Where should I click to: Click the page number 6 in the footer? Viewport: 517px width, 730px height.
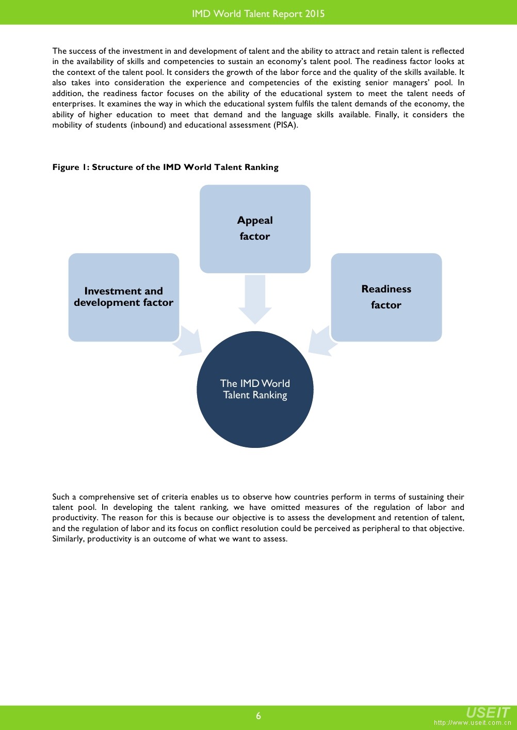pyautogui.click(x=258, y=716)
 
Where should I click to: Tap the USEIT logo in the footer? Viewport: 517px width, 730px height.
pyautogui.click(x=488, y=712)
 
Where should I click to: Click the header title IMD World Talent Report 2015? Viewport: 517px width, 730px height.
pyautogui.click(x=258, y=14)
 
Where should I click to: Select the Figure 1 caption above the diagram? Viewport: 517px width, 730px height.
pyautogui.click(x=165, y=167)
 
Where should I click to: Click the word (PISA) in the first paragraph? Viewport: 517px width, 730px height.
pyautogui.click(x=285, y=125)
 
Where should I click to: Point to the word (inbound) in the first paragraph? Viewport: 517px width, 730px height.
pyautogui.click(x=148, y=125)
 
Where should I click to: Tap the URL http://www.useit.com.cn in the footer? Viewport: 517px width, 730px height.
pyautogui.click(x=472, y=723)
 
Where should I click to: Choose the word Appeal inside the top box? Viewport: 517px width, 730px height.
pyautogui.click(x=255, y=221)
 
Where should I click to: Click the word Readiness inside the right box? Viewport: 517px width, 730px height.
pyautogui.click(x=386, y=289)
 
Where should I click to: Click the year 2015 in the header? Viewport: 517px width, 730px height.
pyautogui.click(x=314, y=14)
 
